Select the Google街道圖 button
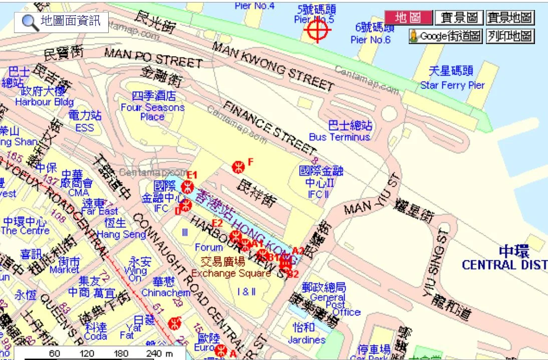[445, 37]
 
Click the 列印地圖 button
[510, 37]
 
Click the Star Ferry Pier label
[452, 85]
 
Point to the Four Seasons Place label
[152, 112]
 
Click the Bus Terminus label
[339, 137]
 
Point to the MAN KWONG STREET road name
[273, 66]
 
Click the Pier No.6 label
[370, 40]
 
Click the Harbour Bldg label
[44, 102]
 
